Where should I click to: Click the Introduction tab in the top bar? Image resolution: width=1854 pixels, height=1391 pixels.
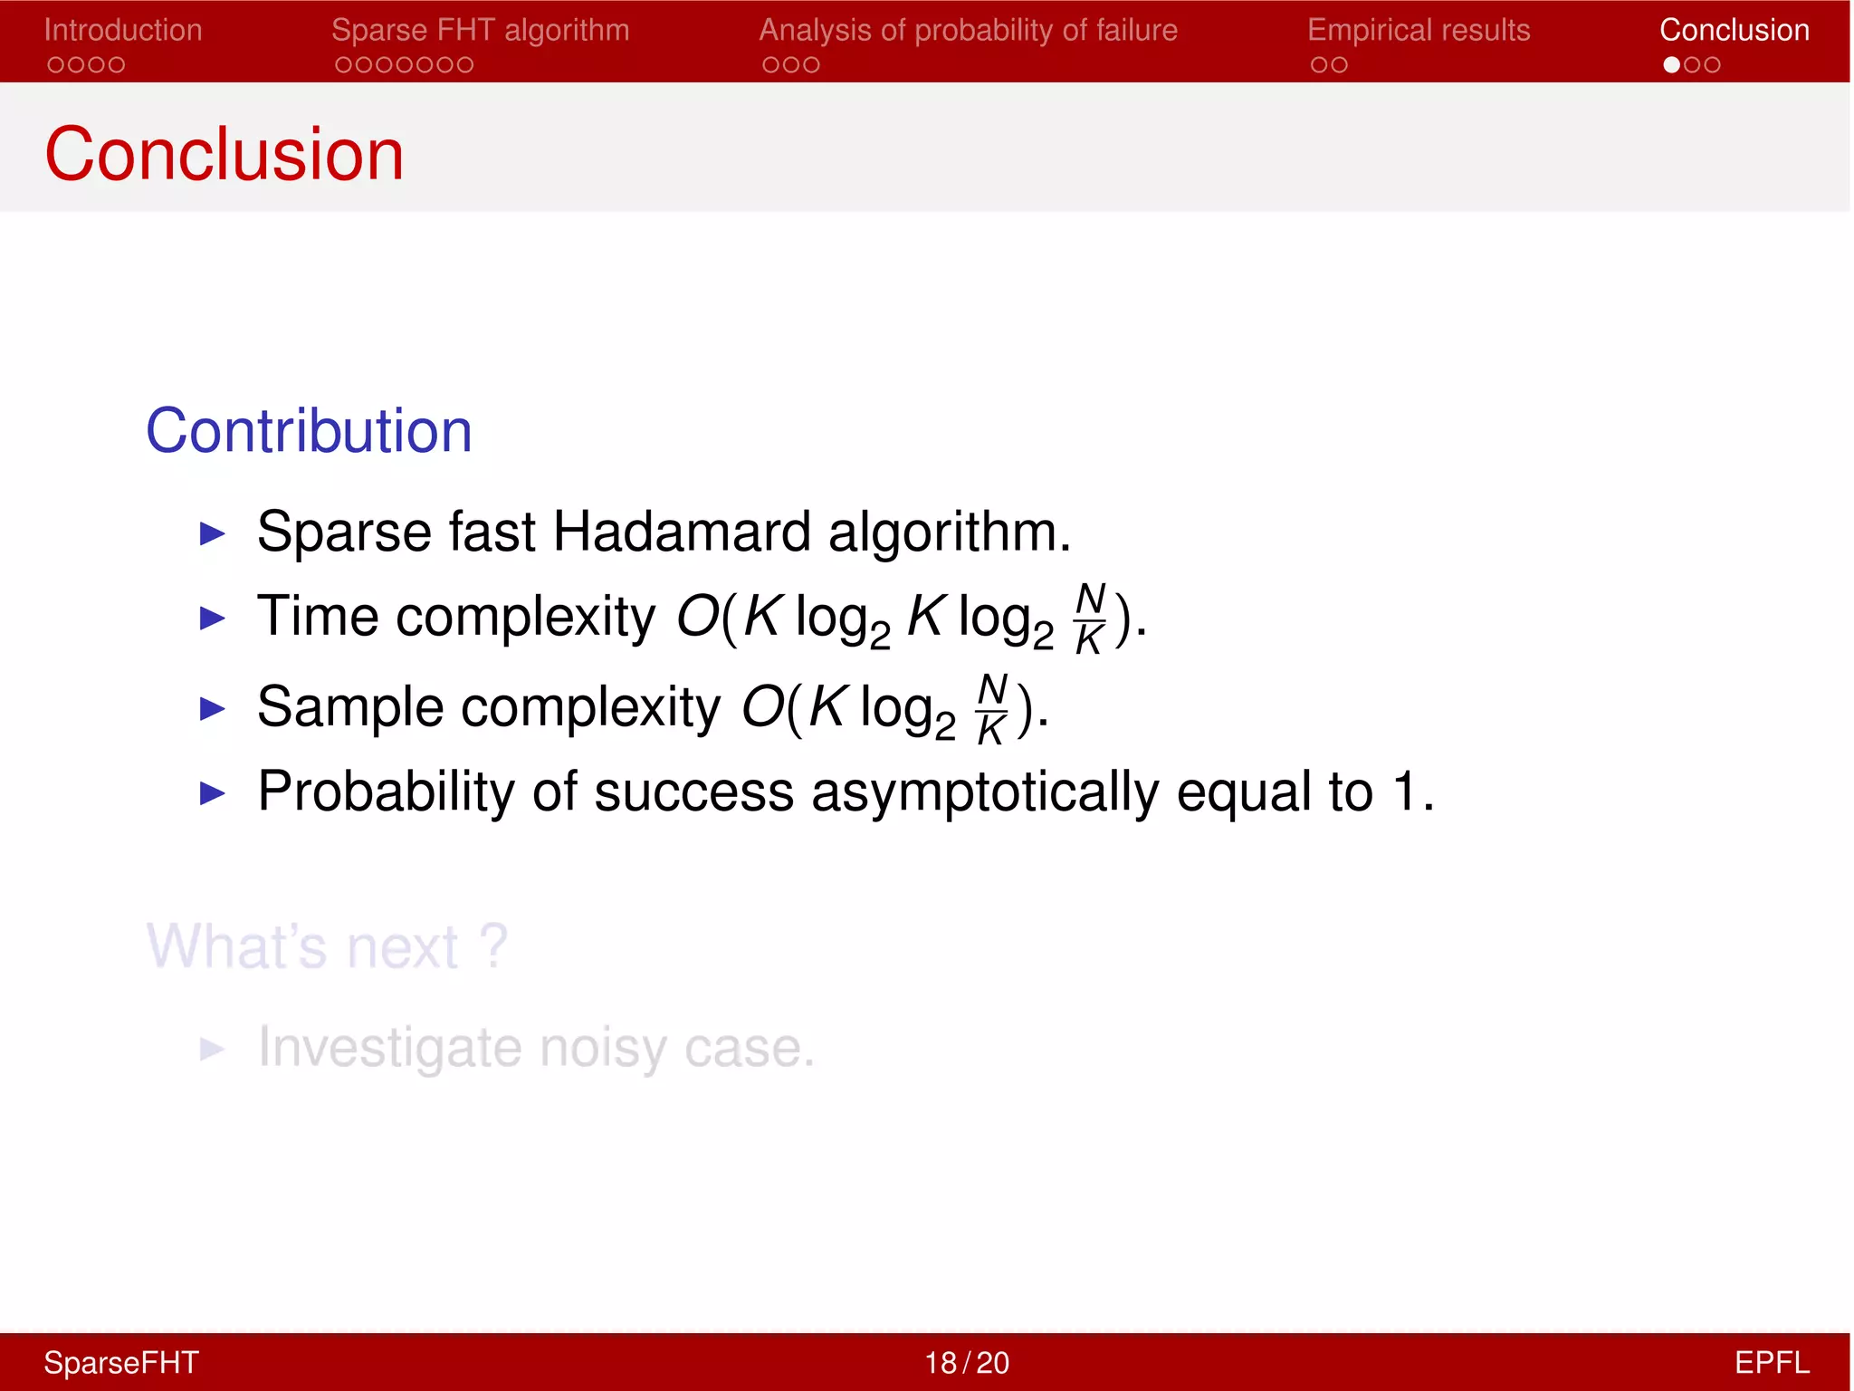pyautogui.click(x=123, y=30)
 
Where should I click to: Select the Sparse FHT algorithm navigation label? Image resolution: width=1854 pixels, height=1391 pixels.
pyautogui.click(x=480, y=30)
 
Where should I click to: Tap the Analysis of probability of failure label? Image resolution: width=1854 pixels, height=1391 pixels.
pyautogui.click(x=968, y=30)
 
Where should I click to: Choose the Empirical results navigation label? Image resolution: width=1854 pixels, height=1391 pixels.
pyautogui.click(x=1418, y=30)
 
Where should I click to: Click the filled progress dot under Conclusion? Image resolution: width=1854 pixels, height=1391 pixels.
pyautogui.click(x=1671, y=65)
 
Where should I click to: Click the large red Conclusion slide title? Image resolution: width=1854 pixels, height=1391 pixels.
pyautogui.click(x=224, y=154)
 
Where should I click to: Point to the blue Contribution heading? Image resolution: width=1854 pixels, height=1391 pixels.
pyautogui.click(x=309, y=430)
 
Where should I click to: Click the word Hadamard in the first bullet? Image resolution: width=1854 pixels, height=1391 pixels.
pyautogui.click(x=681, y=531)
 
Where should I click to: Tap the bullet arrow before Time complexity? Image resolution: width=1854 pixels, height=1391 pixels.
pyautogui.click(x=212, y=619)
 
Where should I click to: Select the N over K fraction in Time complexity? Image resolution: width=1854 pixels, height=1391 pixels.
pyautogui.click(x=1090, y=619)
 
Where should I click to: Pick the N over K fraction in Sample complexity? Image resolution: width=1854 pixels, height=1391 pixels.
pyautogui.click(x=992, y=708)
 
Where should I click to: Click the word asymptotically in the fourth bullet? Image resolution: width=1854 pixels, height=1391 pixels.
pyautogui.click(x=984, y=791)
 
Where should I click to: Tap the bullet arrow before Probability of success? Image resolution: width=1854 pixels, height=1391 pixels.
pyautogui.click(x=212, y=793)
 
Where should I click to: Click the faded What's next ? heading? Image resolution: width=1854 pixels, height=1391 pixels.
pyautogui.click(x=327, y=946)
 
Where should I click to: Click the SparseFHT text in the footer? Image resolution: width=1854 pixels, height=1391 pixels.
pyautogui.click(x=121, y=1362)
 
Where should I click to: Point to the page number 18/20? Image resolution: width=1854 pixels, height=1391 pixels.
pyautogui.click(x=966, y=1362)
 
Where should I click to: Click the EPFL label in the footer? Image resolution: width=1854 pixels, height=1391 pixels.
pyautogui.click(x=1771, y=1362)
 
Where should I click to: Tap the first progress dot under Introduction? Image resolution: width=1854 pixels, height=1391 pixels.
pyautogui.click(x=56, y=65)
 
